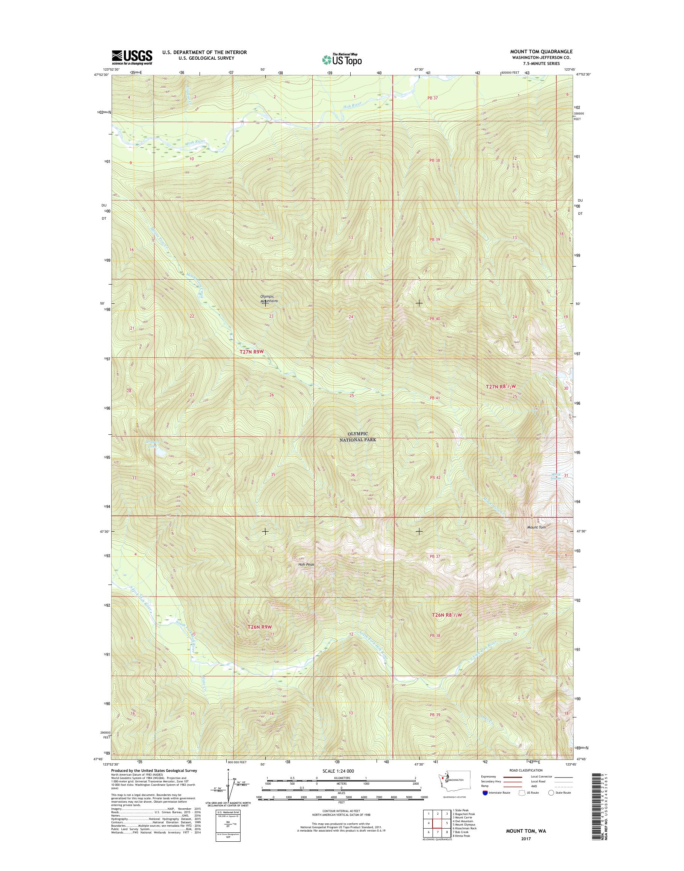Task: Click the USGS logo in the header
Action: pyautogui.click(x=132, y=57)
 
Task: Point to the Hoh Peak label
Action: pyautogui.click(x=306, y=565)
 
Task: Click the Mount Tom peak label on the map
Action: pyautogui.click(x=536, y=527)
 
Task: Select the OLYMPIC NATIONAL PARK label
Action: pyautogui.click(x=362, y=437)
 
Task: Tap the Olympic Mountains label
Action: pyautogui.click(x=269, y=298)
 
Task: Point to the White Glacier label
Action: pyautogui.click(x=555, y=476)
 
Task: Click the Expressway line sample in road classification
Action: pyautogui.click(x=513, y=788)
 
